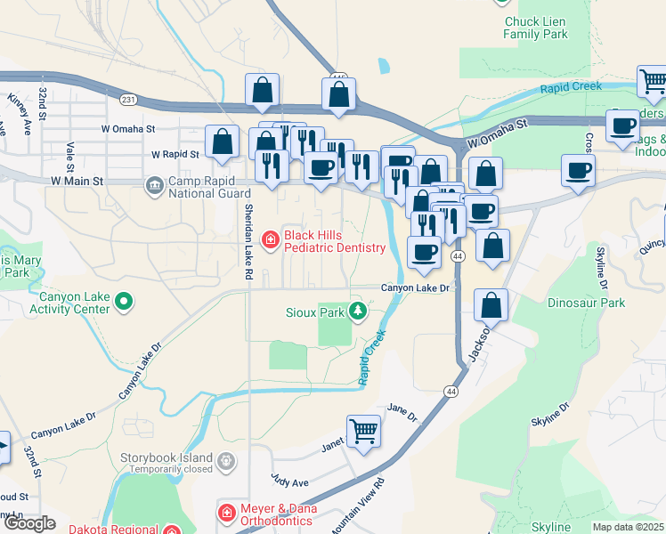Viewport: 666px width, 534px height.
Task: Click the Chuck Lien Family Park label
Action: tap(535, 28)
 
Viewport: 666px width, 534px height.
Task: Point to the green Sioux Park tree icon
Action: tap(357, 311)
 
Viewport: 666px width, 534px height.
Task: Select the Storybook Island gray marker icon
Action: tap(227, 461)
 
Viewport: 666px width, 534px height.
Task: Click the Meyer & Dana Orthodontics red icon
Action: tap(227, 513)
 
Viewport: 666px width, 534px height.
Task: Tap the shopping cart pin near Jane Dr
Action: tap(363, 432)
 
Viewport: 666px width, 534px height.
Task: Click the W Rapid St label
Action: tap(175, 154)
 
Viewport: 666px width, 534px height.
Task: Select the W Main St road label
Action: tap(77, 181)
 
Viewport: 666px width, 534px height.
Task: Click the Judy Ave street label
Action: tap(289, 481)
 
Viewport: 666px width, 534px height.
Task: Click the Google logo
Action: tap(30, 522)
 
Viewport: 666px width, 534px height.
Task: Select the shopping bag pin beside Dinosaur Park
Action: tap(491, 305)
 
